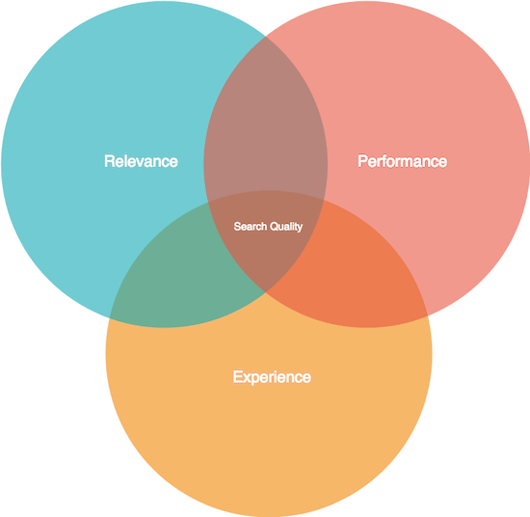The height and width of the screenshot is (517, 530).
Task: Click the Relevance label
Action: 141,161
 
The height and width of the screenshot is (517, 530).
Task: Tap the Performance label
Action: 402,161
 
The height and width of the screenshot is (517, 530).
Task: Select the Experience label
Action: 272,377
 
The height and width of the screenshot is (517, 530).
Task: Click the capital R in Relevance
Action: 109,161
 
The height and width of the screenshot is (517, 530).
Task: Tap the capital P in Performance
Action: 362,161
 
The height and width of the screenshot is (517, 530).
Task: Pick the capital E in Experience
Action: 238,376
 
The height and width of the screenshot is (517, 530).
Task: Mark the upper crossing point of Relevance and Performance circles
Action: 266,36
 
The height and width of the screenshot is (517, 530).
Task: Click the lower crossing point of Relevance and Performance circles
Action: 266,292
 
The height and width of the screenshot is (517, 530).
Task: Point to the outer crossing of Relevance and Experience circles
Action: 109,318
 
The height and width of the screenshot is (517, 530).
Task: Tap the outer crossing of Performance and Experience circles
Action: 428,315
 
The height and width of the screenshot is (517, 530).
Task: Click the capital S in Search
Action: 237,227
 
